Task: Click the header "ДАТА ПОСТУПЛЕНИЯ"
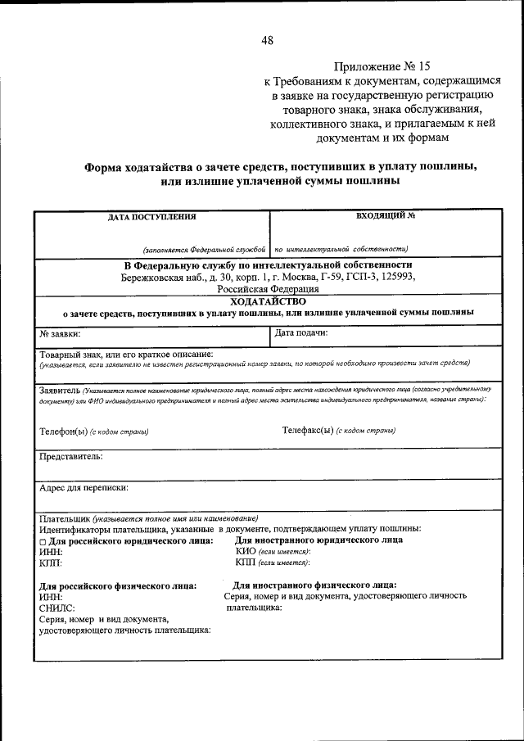(151, 217)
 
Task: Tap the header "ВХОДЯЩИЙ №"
(386, 216)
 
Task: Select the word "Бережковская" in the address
(155, 277)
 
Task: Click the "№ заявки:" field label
(60, 334)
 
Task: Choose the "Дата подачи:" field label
(301, 334)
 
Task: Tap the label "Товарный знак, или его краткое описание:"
(126, 354)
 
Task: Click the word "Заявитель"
(59, 390)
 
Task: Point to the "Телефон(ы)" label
(63, 431)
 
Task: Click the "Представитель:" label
(70, 455)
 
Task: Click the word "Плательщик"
(65, 517)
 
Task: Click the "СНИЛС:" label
(57, 608)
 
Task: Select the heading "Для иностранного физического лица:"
(315, 585)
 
